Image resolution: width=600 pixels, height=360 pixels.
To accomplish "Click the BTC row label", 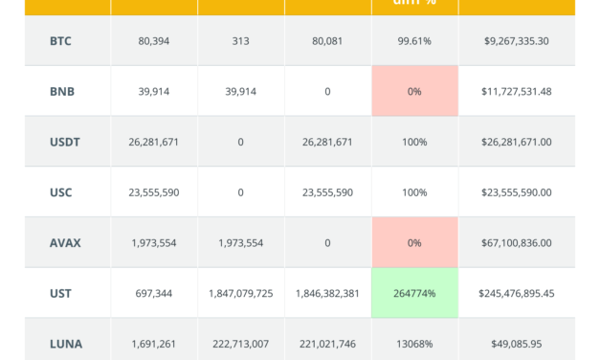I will [x=60, y=42].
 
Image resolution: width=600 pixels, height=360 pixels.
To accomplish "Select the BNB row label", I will [x=61, y=92].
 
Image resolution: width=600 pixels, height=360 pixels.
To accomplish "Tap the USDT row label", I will [x=64, y=142].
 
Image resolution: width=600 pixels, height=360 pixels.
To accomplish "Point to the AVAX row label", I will [x=65, y=242].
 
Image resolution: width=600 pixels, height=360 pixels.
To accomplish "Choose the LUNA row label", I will [x=65, y=343].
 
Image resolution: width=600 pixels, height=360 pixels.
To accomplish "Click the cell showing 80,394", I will [x=153, y=42].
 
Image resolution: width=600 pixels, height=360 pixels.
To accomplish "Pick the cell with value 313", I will [x=240, y=42].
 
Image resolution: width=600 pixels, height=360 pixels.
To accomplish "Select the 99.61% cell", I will [x=413, y=42].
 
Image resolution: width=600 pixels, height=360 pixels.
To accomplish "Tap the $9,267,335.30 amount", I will [x=517, y=42].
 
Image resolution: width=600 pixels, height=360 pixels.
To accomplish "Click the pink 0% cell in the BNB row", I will [x=413, y=92].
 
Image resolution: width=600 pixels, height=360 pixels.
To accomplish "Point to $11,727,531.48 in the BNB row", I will [x=517, y=92].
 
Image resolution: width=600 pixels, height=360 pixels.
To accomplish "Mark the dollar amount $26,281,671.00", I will [x=517, y=142].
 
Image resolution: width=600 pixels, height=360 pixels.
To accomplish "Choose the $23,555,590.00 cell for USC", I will [x=517, y=192].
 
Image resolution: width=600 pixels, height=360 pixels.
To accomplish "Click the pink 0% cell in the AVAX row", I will [x=413, y=242].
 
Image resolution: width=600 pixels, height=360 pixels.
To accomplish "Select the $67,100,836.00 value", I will [x=517, y=242].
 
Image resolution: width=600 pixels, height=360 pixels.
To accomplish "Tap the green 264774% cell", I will [x=413, y=293].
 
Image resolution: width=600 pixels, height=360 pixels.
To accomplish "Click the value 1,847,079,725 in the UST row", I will [x=240, y=293].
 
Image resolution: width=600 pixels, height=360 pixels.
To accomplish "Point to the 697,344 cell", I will [x=153, y=293].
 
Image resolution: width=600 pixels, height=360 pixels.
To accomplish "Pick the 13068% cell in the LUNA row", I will [x=413, y=343].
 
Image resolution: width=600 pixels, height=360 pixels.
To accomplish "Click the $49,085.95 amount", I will [x=517, y=343].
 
